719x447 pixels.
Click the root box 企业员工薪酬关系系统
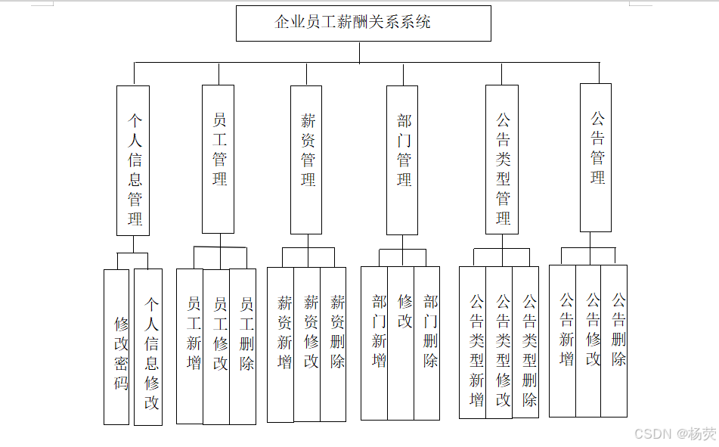tap(363, 23)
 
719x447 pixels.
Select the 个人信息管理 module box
tap(133, 160)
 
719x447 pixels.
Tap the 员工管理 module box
tap(218, 159)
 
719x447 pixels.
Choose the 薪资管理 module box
tap(306, 160)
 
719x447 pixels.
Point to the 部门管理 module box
tap(402, 160)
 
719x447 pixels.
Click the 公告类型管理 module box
tap(501, 160)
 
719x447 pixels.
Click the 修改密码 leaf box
tap(116, 346)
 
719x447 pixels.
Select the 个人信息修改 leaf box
tap(148, 346)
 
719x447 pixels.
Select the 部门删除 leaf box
tap(426, 343)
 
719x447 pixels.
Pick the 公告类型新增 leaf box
tap(473, 342)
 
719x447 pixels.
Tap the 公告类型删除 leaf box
tap(525, 342)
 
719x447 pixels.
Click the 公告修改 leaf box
tap(588, 340)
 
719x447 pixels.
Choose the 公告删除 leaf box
tap(615, 340)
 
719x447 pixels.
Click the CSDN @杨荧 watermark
tap(675, 434)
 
